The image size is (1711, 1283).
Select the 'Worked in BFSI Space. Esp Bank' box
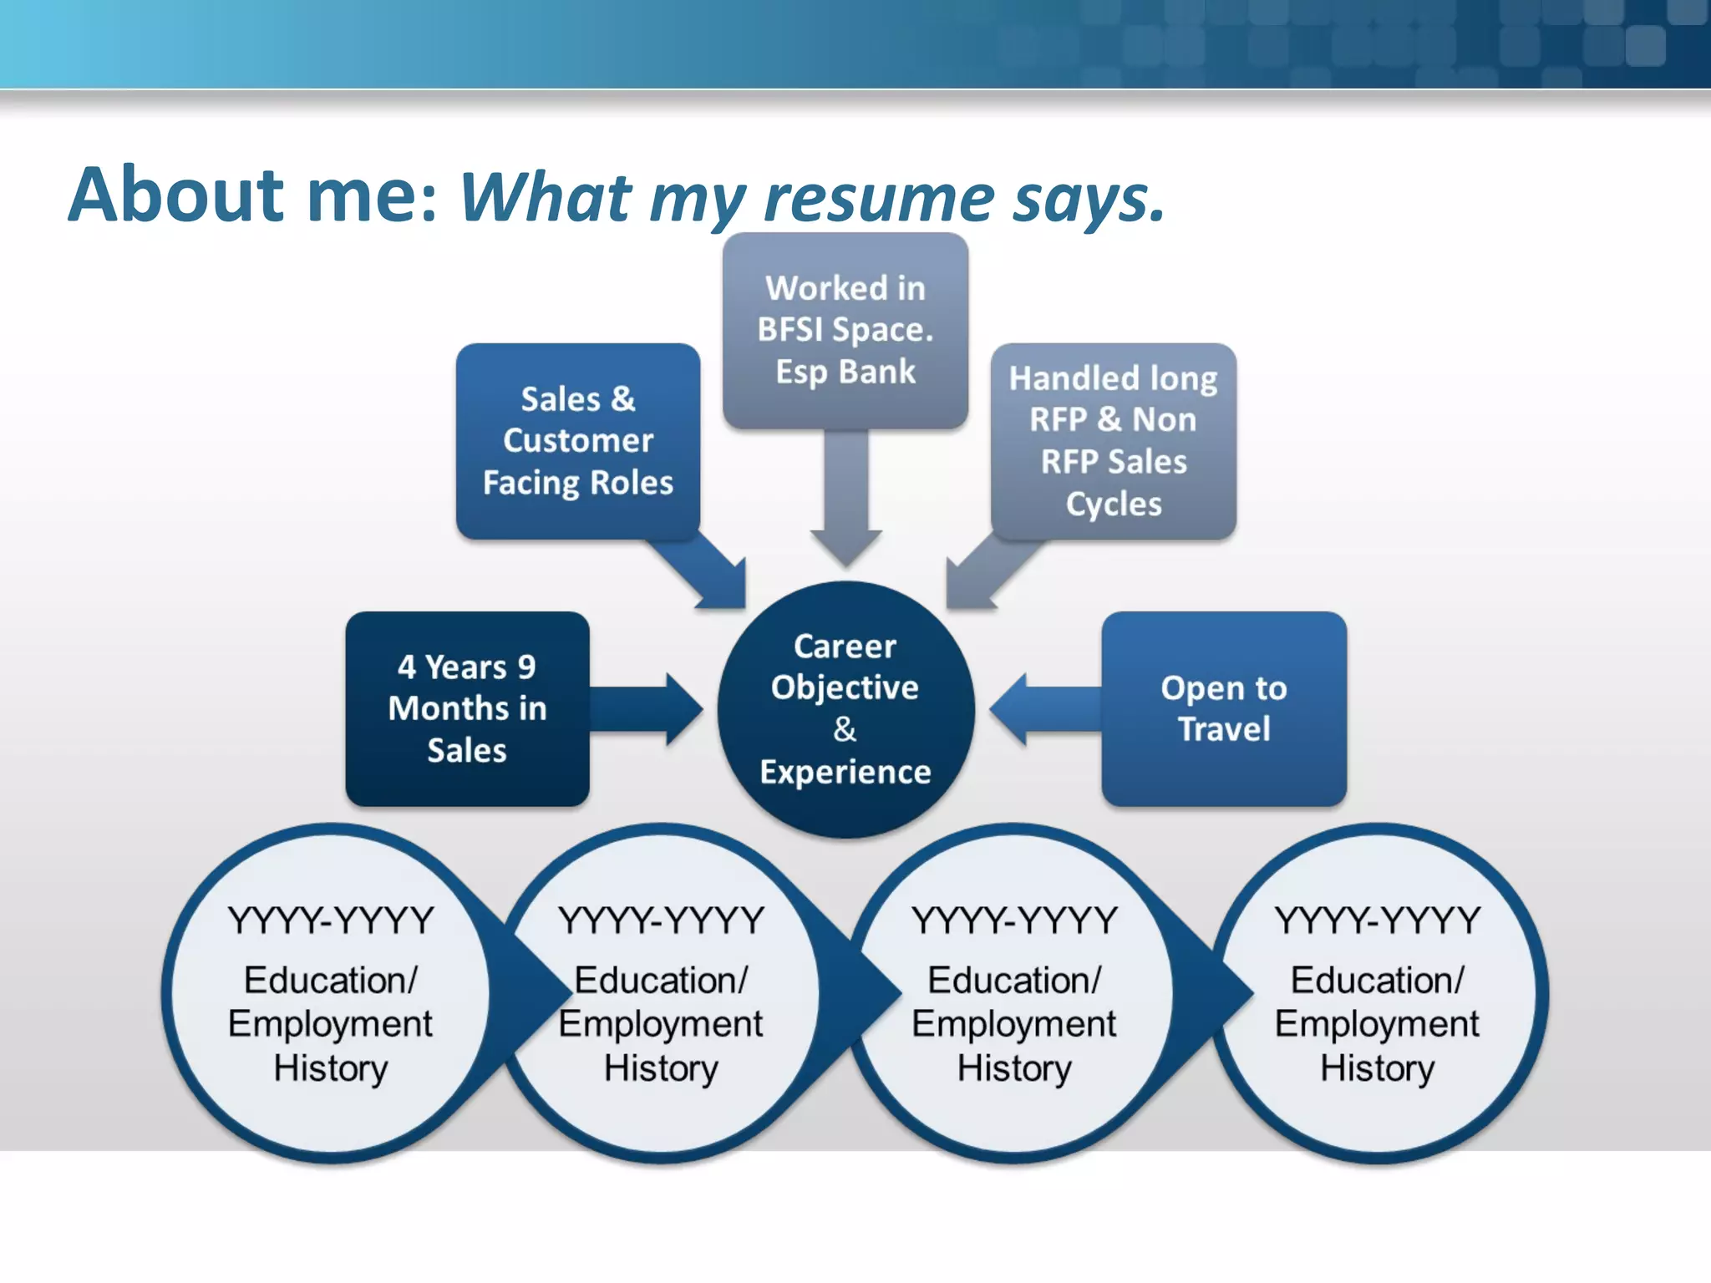click(845, 330)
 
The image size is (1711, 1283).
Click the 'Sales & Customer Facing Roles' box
click(578, 441)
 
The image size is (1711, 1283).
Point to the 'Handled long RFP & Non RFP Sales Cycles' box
click(1113, 441)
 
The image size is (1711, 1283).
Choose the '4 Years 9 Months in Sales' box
click(467, 708)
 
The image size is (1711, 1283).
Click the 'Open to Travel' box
click(1224, 708)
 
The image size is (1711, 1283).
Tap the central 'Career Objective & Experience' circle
click(845, 710)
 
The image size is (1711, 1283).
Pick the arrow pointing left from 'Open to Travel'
click(1044, 708)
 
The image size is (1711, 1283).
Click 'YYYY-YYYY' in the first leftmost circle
click(331, 920)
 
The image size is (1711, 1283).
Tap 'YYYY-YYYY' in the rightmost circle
click(1377, 920)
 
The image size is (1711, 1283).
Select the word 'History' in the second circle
click(661, 1068)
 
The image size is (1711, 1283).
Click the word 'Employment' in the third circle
click(1013, 1024)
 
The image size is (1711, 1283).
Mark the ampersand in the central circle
click(845, 729)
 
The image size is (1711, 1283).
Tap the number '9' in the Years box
click(526, 667)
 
